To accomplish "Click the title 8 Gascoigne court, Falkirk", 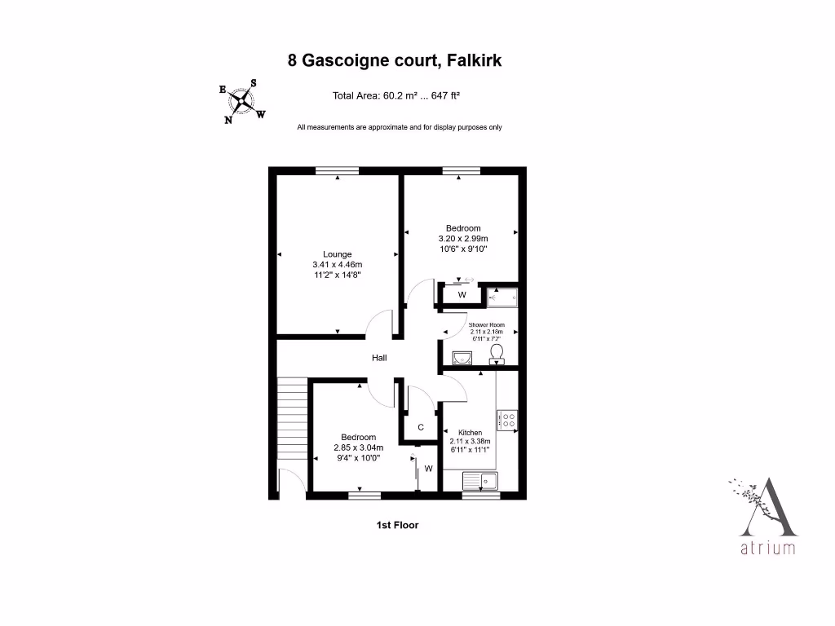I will pos(400,60).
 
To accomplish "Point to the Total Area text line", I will pos(396,95).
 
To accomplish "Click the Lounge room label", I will pos(337,254).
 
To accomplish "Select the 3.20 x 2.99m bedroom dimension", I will pos(462,239).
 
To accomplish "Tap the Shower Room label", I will pos(486,325).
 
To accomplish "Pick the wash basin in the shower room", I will pos(462,357).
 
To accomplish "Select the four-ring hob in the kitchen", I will pos(507,420).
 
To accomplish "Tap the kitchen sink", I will pos(481,481).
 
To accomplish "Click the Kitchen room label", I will pos(470,433).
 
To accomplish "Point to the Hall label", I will pos(379,358).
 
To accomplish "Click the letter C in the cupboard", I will pos(421,427).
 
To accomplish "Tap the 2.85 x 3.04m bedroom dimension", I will pos(358,447).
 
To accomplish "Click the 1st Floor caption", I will pos(397,526).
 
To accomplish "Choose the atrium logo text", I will pos(767,549).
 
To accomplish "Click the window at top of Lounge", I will pos(337,170).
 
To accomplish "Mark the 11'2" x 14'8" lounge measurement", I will pos(337,276).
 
